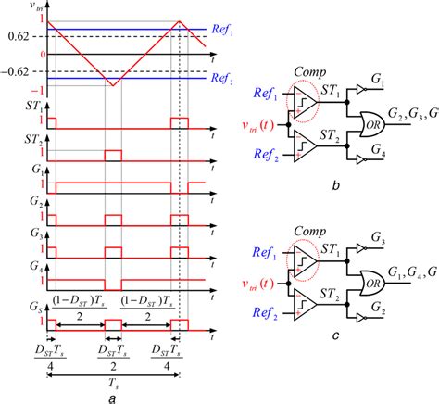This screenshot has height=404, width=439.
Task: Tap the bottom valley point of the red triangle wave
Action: click(110, 84)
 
